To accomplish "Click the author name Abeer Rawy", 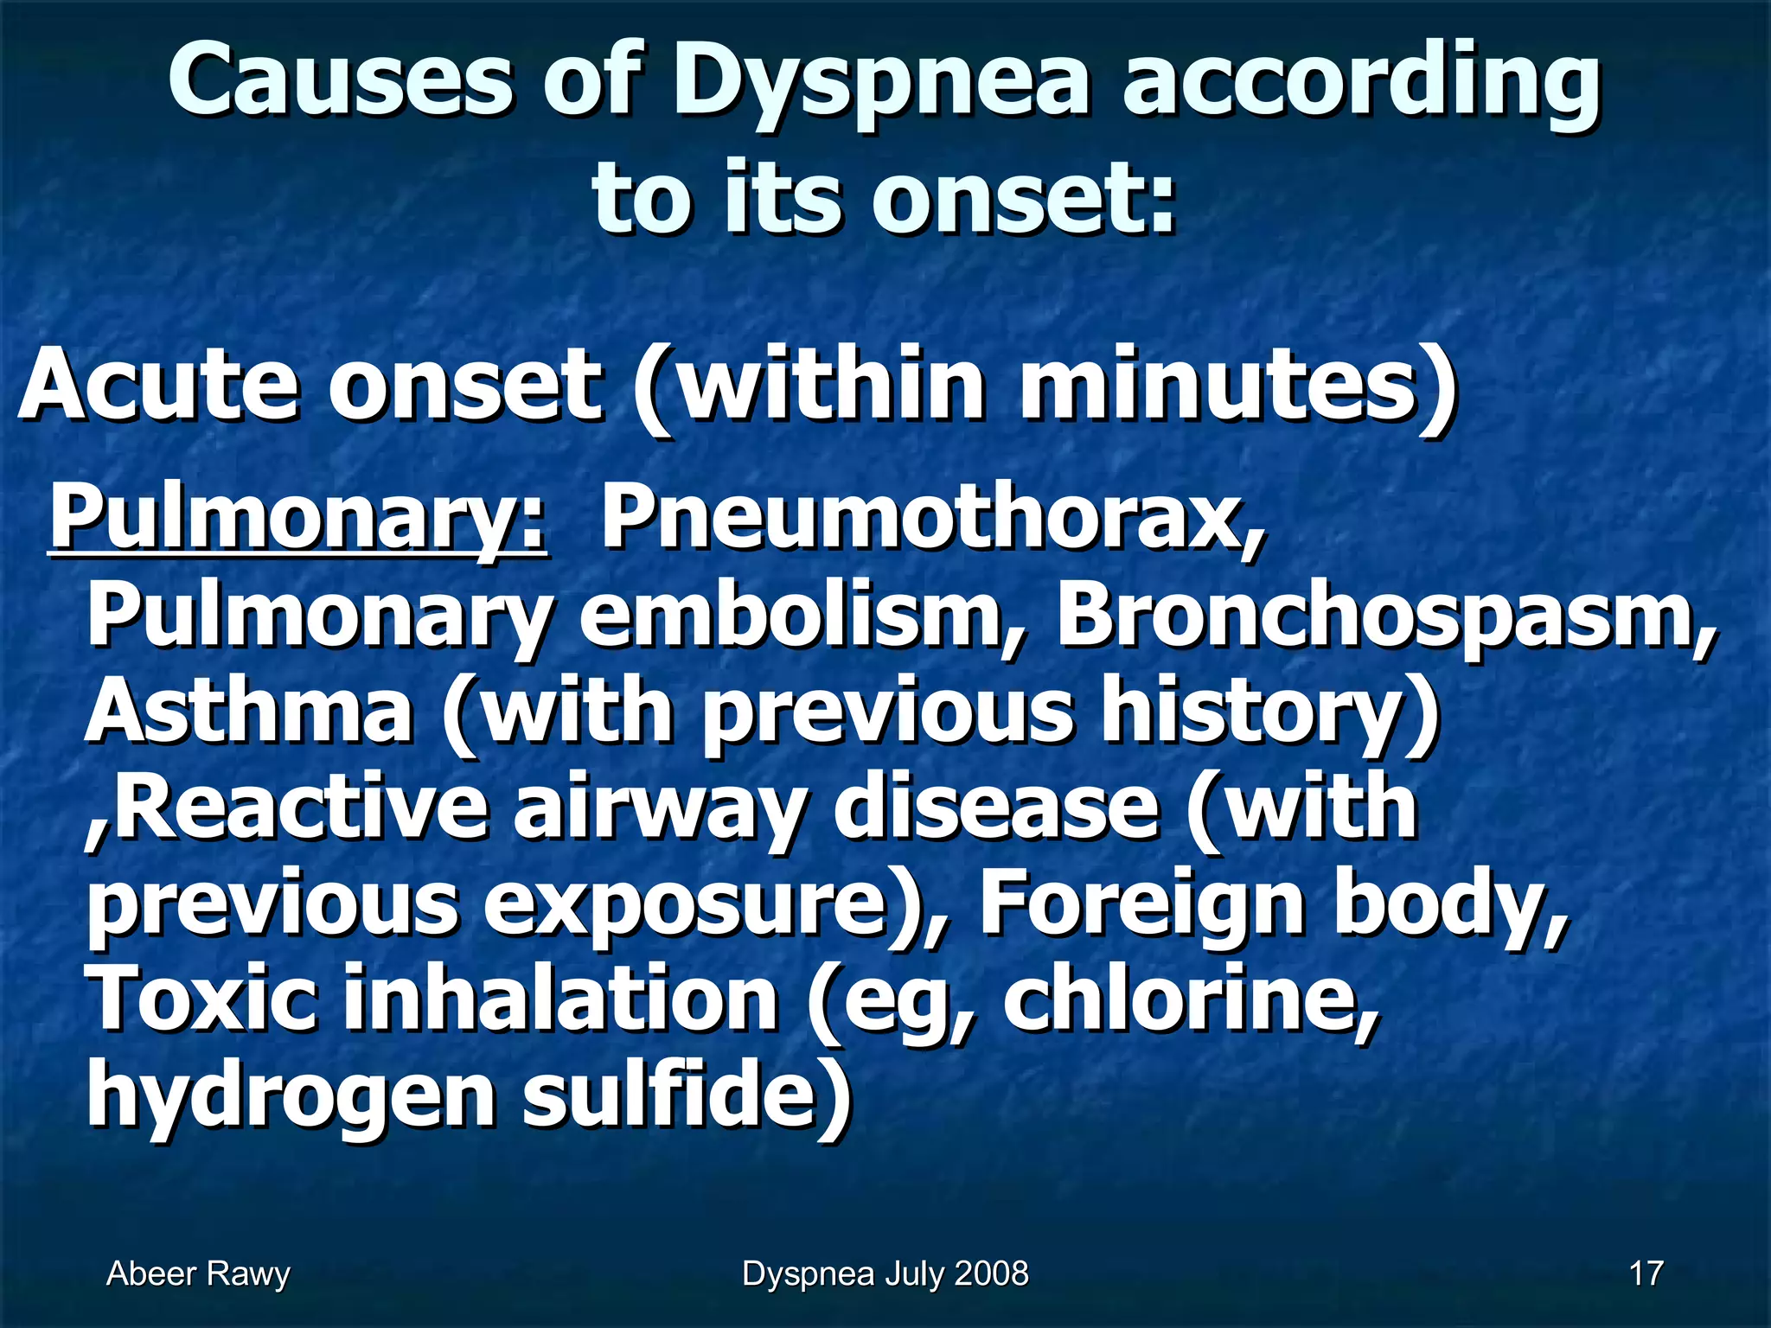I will tap(198, 1274).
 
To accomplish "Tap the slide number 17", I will tap(1646, 1274).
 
